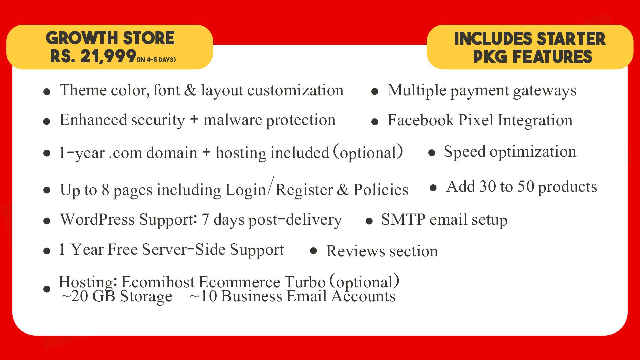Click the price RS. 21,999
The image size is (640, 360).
(93, 56)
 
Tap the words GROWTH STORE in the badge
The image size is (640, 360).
(110, 38)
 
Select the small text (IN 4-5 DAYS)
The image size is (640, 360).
(156, 60)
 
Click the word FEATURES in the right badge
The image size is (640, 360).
(552, 56)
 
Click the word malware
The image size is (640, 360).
(233, 120)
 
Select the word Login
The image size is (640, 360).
(246, 190)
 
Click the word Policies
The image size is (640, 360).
(381, 190)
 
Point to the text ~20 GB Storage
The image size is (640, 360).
(117, 296)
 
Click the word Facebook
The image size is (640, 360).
(421, 120)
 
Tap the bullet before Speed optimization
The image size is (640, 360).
(432, 153)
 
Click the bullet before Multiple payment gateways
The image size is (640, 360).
(375, 91)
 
